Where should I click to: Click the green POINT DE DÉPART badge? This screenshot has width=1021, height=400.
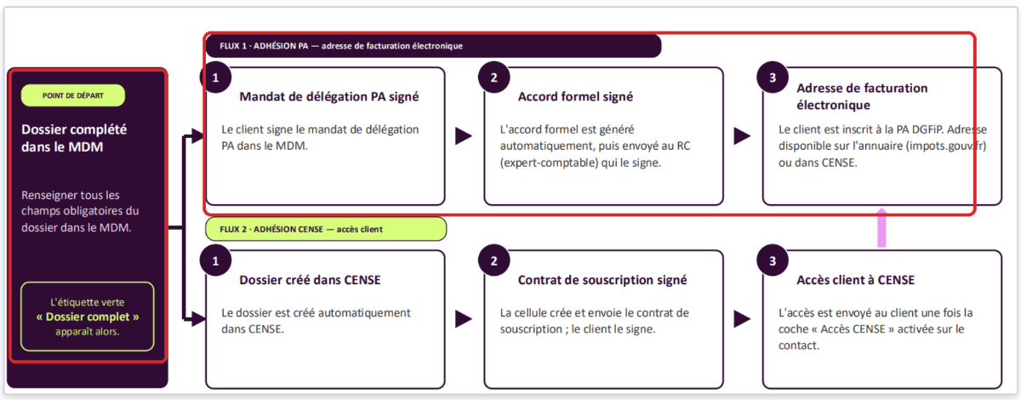(x=73, y=95)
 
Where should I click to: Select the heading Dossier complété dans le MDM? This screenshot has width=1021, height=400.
(x=74, y=138)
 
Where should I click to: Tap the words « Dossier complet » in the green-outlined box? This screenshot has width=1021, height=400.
(x=88, y=317)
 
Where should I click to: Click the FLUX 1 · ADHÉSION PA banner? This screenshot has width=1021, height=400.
(x=433, y=46)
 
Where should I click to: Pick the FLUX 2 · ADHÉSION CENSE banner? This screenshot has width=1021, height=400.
(x=326, y=229)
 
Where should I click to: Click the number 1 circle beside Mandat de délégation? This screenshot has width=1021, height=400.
(x=215, y=77)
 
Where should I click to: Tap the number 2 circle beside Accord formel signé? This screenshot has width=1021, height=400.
(x=493, y=77)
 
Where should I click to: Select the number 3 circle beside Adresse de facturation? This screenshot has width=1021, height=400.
(x=773, y=77)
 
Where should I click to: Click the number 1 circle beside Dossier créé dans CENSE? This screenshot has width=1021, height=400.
(x=215, y=261)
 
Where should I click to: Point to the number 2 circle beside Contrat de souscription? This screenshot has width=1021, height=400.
(x=493, y=261)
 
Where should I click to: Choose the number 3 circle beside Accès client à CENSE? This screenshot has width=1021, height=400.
(x=773, y=261)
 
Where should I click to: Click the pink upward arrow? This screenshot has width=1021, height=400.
(x=882, y=227)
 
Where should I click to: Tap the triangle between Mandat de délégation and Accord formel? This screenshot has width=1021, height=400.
(x=464, y=136)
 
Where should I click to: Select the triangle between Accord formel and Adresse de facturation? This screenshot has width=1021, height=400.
(x=742, y=136)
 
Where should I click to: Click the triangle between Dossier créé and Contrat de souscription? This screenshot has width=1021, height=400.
(x=464, y=319)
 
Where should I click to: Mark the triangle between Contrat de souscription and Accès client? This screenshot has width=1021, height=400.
(x=742, y=319)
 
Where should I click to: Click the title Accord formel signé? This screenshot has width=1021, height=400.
(x=575, y=97)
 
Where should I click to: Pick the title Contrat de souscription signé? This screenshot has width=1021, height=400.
(x=602, y=280)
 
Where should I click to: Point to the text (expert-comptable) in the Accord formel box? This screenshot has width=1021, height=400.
(x=549, y=163)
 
